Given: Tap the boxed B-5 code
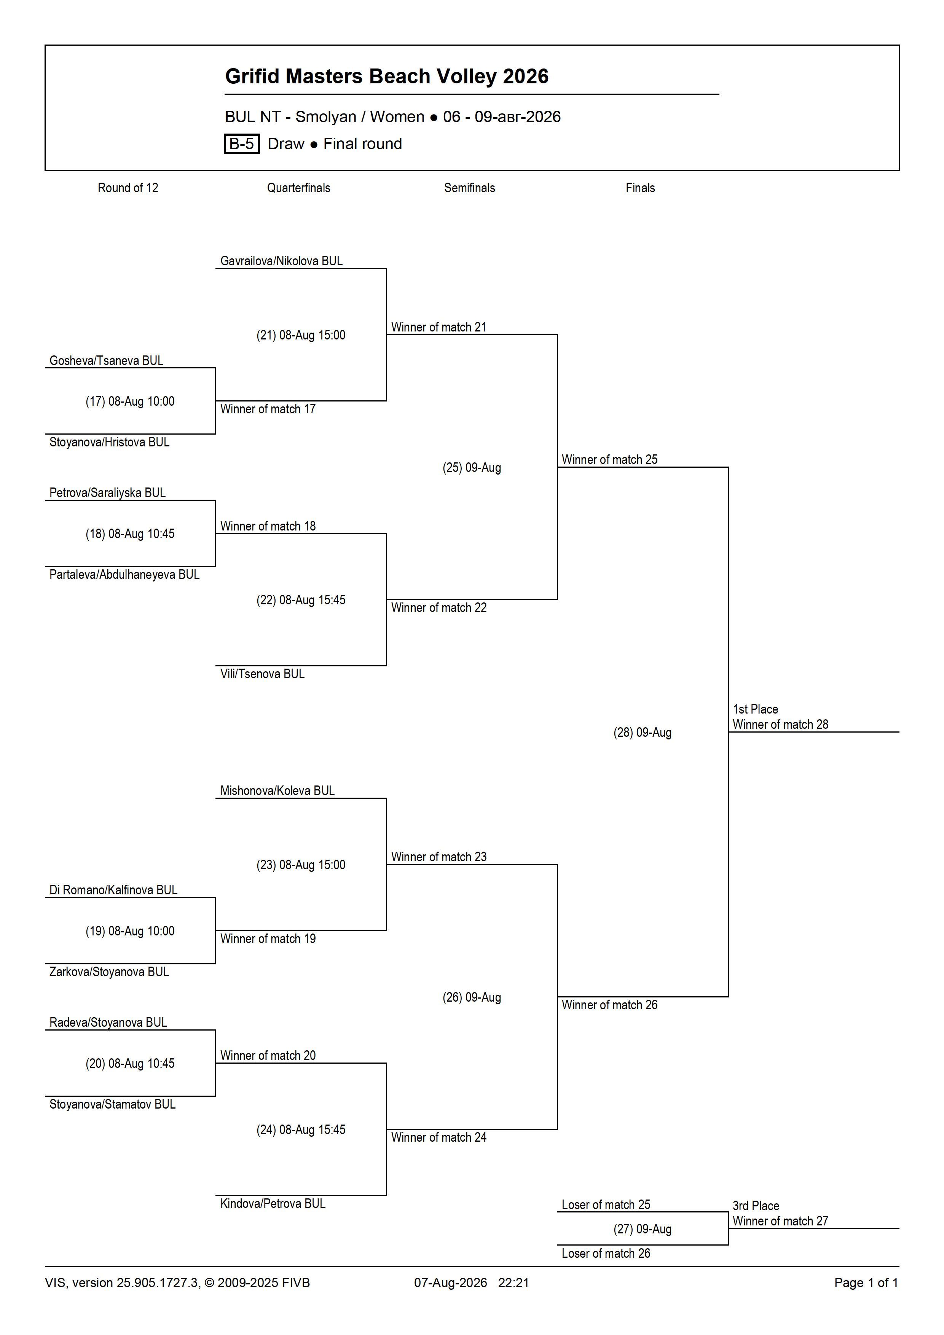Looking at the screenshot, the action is [241, 143].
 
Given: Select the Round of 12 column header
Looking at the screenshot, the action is [128, 188].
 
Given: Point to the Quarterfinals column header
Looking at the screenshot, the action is [298, 188].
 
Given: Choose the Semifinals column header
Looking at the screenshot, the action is [469, 188].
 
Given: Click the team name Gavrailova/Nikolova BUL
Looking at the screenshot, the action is [282, 261].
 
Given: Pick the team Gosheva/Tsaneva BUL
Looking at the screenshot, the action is [107, 360].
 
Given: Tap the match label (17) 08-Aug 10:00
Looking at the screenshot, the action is [130, 401].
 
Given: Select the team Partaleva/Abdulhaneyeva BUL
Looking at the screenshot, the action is [124, 575].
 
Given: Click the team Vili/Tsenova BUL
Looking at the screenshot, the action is [262, 674].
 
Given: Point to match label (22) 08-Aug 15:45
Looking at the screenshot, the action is [301, 600].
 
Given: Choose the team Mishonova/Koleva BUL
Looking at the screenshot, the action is [277, 791].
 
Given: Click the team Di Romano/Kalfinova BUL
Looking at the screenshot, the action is [113, 890].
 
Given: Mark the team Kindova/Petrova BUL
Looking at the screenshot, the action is [273, 1204].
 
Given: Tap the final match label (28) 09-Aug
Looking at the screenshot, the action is [643, 733].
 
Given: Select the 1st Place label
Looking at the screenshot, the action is [756, 709].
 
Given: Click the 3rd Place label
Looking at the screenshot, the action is [756, 1206].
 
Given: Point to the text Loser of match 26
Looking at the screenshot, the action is [606, 1254].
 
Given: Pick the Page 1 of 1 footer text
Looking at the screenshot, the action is [866, 1282].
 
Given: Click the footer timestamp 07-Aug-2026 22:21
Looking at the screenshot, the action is [472, 1282].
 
